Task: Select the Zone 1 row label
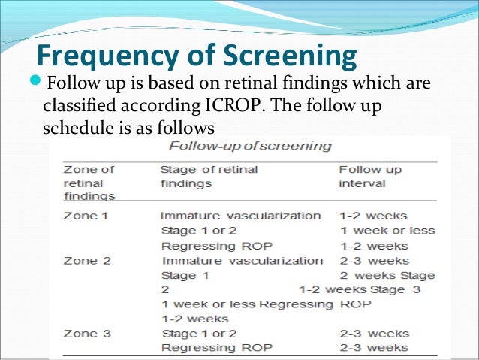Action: tap(82, 216)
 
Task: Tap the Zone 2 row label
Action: tap(82, 261)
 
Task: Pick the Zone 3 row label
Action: tap(82, 333)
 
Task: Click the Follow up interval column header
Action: tap(370, 176)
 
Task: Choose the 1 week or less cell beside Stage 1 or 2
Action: tap(387, 231)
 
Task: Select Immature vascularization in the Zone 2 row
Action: tap(242, 261)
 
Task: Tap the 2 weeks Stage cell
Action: tap(387, 275)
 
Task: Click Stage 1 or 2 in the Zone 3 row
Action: tap(199, 333)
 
